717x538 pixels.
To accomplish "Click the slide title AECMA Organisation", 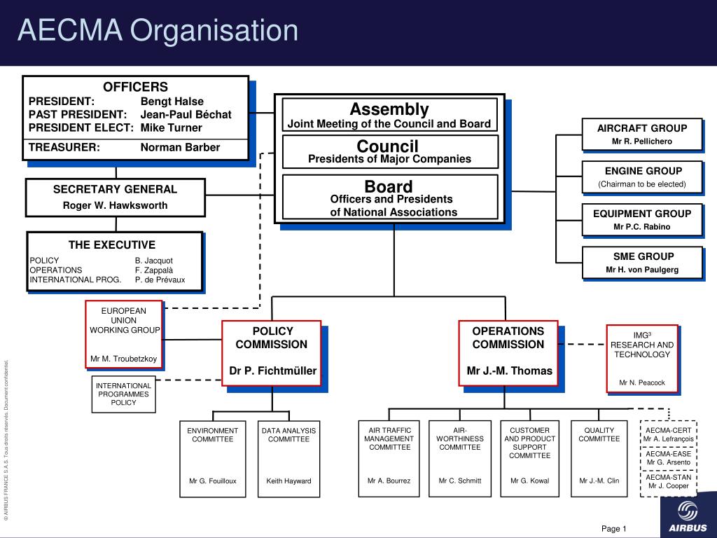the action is (158, 31).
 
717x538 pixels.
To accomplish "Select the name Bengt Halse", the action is (172, 102).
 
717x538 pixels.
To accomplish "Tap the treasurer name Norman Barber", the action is (180, 147).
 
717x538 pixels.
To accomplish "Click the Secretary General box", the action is (116, 198).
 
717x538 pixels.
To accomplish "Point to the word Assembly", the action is (389, 109).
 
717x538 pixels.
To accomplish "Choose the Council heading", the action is (387, 146).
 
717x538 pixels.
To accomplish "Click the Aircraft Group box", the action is (642, 134).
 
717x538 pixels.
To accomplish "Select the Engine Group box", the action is (642, 177).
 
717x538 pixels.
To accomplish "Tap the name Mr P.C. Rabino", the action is (642, 227).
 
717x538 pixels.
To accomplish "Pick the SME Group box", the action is (642, 263).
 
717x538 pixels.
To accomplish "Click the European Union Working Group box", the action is (124, 334).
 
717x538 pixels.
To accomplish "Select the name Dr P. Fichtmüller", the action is (273, 371).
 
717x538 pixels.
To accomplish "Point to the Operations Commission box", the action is (508, 353).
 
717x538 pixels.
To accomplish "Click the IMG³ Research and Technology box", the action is (642, 359).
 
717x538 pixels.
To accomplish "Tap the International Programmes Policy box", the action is (123, 394).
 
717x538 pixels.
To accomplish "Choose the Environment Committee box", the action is (213, 459).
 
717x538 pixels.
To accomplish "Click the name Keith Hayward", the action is (288, 481).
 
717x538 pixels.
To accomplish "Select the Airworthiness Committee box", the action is (459, 458).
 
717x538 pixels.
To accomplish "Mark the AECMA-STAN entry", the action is (669, 482).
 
